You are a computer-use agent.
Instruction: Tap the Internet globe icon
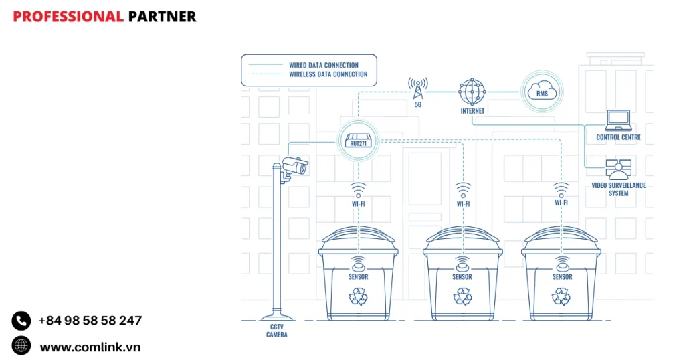pos(471,90)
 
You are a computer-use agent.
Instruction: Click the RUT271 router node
pos(357,140)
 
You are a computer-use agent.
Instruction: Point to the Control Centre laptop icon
pos(618,120)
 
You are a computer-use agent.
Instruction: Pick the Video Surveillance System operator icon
pos(619,169)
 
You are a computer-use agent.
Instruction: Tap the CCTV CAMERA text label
pos(276,331)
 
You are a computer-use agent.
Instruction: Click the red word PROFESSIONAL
pos(68,17)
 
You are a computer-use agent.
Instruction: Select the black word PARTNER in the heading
pos(162,17)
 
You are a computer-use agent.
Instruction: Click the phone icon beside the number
pos(21,321)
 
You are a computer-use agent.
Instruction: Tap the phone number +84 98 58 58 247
pos(90,321)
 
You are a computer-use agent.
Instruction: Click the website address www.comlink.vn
pos(90,347)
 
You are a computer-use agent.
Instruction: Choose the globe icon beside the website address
pos(21,345)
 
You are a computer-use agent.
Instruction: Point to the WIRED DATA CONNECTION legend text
pos(324,65)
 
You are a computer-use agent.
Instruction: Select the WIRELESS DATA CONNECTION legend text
pos(328,74)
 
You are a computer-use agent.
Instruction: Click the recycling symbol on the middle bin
pos(462,296)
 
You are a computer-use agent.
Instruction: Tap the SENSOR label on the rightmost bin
pos(562,276)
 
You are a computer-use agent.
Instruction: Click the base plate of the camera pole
pos(276,317)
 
